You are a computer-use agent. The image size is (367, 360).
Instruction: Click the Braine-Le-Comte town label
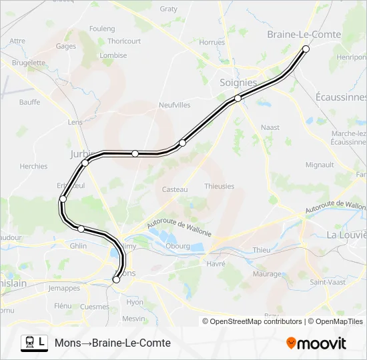(x=304, y=35)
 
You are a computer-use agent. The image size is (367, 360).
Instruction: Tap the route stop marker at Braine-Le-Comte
(x=306, y=49)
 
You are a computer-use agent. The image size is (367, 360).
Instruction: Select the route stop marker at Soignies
(x=238, y=99)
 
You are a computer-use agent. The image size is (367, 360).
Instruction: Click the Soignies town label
(x=238, y=83)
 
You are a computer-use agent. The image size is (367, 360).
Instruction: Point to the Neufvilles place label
(x=175, y=105)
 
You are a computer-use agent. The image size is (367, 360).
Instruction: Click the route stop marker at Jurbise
(x=85, y=163)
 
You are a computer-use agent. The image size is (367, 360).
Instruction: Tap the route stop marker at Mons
(x=116, y=280)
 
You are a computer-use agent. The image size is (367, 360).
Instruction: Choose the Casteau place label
(x=175, y=189)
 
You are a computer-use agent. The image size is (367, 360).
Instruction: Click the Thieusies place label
(x=220, y=186)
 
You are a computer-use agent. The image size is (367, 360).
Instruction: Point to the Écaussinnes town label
(x=341, y=97)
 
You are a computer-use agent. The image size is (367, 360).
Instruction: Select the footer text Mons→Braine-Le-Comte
(x=113, y=343)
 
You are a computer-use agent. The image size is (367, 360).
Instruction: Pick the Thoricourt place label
(x=124, y=41)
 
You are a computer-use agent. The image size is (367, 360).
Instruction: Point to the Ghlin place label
(x=78, y=245)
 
